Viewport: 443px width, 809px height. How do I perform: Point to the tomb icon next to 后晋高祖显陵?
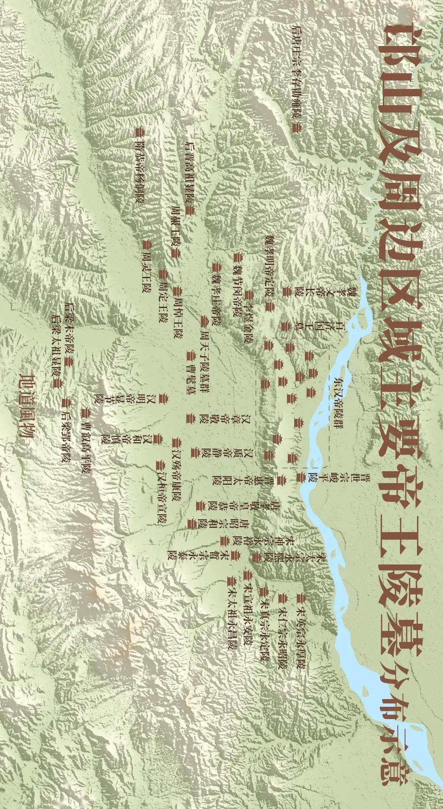[191, 210]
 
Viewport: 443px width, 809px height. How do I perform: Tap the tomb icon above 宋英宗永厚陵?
[304, 595]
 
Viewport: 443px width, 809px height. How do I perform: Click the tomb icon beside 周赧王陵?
[175, 254]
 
